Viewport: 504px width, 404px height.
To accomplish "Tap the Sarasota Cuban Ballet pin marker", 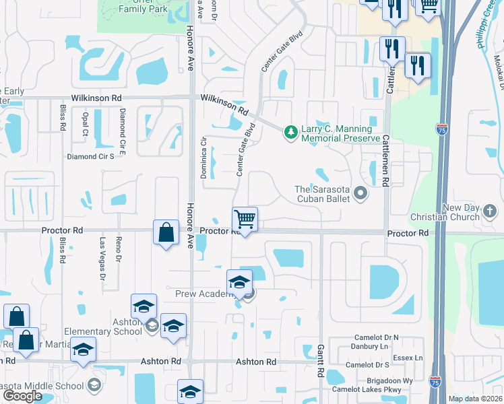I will coord(360,195).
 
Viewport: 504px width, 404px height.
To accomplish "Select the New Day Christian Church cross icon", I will coord(490,213).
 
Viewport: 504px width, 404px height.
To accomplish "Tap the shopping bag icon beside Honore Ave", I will coord(166,233).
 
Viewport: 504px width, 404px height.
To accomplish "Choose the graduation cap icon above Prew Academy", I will coord(239,282).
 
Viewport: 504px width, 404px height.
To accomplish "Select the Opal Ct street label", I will coord(86,123).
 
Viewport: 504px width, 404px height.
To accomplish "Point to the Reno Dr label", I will coord(118,249).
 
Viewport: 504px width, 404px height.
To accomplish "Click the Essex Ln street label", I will coord(410,358).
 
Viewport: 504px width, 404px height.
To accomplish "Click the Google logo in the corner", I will coord(22,396).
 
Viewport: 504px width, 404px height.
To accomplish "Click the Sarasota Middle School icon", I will coord(94,385).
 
